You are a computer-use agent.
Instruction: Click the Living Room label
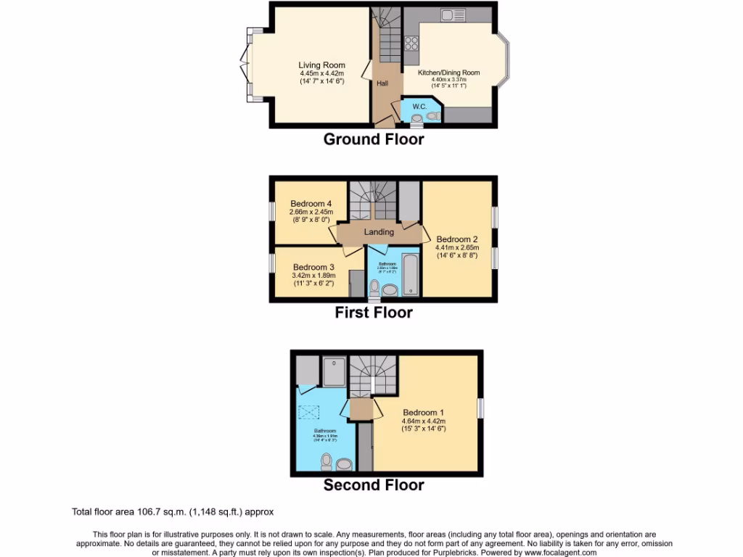point(321,65)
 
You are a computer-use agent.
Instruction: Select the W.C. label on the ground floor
point(419,107)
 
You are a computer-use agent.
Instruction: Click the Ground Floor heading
point(373,139)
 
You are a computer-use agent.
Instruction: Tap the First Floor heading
point(373,313)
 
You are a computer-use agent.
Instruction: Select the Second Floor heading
point(373,485)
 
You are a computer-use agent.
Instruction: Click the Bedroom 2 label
point(457,239)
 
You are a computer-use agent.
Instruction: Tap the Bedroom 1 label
point(423,413)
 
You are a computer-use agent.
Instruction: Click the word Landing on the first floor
point(379,232)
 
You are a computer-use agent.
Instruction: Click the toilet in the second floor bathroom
point(326,461)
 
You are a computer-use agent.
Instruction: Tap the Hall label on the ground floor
point(382,83)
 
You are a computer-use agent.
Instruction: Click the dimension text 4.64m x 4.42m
point(423,421)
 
